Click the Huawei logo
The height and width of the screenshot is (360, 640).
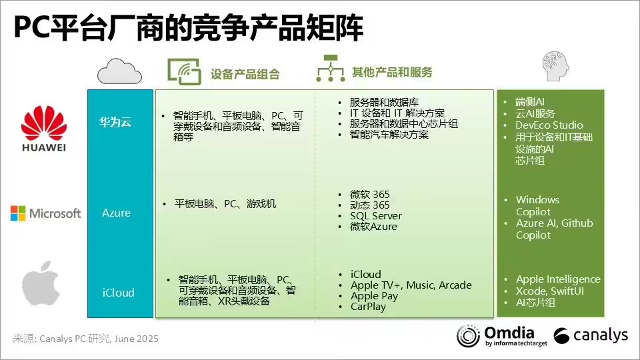[x=44, y=129]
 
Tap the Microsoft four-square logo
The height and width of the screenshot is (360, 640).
[x=18, y=213]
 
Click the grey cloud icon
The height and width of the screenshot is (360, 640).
[x=119, y=71]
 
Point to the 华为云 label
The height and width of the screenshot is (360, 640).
[x=115, y=121]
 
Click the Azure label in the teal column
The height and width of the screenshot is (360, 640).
[x=116, y=213]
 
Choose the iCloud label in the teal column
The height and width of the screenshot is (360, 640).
[x=119, y=293]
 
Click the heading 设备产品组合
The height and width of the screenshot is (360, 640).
[x=245, y=74]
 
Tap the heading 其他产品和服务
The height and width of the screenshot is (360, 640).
[x=392, y=72]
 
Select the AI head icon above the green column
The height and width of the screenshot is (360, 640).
[x=555, y=66]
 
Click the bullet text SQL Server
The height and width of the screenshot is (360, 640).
[x=376, y=215]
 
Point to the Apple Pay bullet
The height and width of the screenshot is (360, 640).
[x=374, y=296]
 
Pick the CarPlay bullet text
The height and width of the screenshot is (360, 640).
[x=368, y=307]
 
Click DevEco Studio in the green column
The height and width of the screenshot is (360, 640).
[x=549, y=125]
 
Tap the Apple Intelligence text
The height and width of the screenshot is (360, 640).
[x=558, y=279]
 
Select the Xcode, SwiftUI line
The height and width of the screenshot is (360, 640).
[x=550, y=291]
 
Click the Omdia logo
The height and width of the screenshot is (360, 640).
[x=501, y=336]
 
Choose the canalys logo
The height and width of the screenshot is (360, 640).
[x=591, y=335]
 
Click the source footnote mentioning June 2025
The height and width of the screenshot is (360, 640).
[x=86, y=339]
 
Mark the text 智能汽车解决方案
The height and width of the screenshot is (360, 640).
[x=389, y=134]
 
